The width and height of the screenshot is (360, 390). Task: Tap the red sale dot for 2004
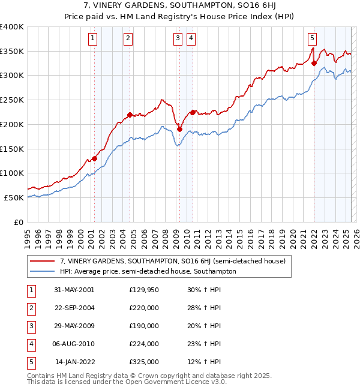point(130,115)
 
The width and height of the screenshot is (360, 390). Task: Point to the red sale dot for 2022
point(314,63)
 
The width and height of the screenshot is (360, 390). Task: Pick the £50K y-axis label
point(14,197)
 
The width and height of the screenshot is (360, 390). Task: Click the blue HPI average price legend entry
point(148,271)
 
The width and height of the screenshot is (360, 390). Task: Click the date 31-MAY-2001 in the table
point(74,289)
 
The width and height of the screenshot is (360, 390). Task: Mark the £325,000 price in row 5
point(144,362)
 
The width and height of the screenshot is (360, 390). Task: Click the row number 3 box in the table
point(31,326)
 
